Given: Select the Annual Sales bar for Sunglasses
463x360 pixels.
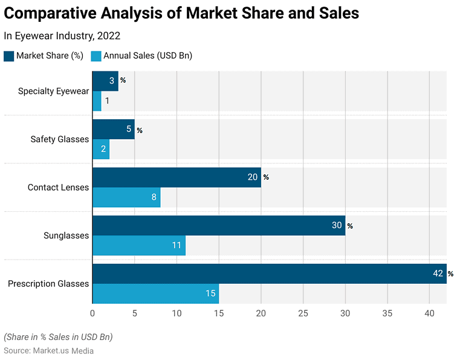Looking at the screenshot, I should coord(138,246).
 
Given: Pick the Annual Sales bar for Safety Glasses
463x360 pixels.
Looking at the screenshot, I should coord(100,149).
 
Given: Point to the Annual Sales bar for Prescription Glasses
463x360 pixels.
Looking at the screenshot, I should coord(155,293).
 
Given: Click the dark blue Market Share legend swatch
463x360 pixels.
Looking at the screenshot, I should coord(8,56).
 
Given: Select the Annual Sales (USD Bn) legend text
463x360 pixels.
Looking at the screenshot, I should coord(147,56).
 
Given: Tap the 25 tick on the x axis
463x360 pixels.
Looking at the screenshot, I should coord(303,313).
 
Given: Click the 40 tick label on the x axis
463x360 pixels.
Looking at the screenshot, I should coord(429,313).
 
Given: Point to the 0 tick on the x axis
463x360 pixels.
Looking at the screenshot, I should coord(92,313).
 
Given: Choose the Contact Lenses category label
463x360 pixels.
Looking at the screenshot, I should coord(58,188).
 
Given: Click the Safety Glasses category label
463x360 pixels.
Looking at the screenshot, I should coord(60,139).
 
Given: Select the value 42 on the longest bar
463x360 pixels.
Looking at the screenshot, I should coord(438,274).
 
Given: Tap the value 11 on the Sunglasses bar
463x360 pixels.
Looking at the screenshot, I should coord(177,246).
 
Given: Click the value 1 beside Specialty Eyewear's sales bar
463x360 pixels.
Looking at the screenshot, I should coord(107,101).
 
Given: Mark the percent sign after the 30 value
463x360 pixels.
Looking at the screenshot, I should coord(349,226).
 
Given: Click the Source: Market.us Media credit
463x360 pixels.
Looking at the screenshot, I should coord(48,350).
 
